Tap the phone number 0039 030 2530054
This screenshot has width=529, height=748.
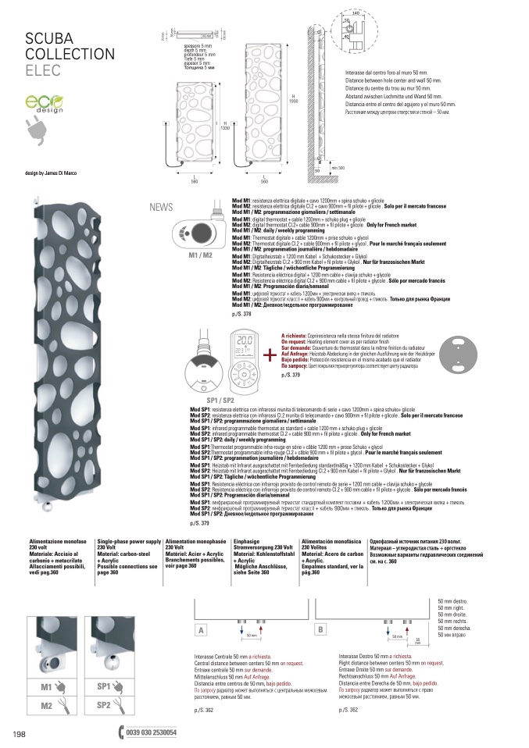[150, 732]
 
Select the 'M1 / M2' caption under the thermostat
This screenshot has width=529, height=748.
[201, 255]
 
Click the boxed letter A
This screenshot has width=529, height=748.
[201, 629]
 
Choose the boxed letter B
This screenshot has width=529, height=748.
[320, 629]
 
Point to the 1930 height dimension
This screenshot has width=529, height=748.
[294, 102]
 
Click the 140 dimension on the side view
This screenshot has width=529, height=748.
[334, 13]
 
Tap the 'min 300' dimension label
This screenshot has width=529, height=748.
[338, 168]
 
